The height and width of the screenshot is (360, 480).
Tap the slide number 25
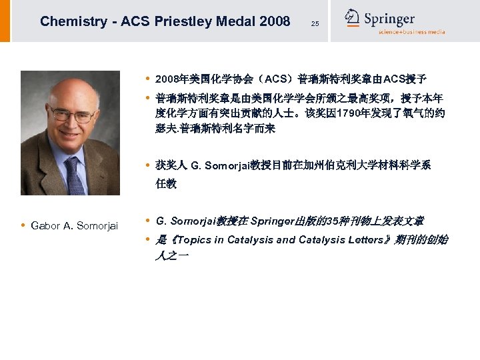click(315, 24)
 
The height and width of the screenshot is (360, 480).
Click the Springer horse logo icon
click(352, 18)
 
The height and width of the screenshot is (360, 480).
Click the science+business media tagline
click(411, 32)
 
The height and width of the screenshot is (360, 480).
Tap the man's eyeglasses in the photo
click(71, 115)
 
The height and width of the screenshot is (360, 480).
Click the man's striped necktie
click(74, 175)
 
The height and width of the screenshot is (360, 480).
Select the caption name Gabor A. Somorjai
click(74, 226)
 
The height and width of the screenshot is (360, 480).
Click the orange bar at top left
click(5, 21)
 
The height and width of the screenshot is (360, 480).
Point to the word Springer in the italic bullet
click(273, 221)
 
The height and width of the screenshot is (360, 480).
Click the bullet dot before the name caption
click(24, 226)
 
